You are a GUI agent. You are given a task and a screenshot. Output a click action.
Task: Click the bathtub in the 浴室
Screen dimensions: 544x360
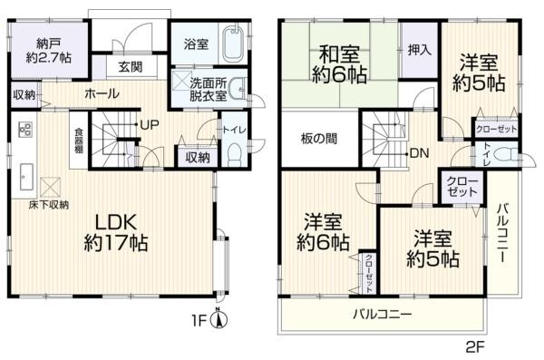coord(234,44)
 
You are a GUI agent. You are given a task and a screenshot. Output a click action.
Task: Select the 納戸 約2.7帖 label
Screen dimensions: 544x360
coord(49,51)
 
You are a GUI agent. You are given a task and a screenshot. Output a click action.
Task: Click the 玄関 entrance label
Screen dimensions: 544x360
coord(131,67)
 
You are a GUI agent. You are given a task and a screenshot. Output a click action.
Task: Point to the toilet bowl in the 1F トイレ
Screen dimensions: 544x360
coord(235,155)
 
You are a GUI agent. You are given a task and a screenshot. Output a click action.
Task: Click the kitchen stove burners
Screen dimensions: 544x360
coord(25,130)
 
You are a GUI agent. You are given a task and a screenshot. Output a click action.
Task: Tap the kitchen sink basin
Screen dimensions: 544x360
coord(26,177)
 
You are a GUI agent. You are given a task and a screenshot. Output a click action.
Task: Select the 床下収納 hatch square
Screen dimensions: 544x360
coord(50,187)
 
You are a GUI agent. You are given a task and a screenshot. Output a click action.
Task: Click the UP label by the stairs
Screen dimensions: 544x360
coord(150,125)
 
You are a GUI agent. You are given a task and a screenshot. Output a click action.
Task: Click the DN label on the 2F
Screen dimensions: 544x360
coord(419,153)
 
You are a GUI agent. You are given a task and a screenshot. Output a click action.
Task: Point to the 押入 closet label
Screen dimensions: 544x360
coord(419,51)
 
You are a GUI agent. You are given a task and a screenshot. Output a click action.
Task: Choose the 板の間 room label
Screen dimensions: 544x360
coord(318,139)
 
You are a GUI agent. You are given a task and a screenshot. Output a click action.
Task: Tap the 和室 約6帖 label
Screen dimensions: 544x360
coord(339,64)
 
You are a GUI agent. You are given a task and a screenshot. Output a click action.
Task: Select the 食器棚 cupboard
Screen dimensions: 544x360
coord(79,141)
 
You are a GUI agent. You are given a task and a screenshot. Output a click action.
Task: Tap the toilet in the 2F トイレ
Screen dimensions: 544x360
coord(504,154)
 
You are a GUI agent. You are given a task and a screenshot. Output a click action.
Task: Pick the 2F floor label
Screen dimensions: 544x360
coord(475,347)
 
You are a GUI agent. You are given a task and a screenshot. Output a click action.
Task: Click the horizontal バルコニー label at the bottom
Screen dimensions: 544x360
coord(383,315)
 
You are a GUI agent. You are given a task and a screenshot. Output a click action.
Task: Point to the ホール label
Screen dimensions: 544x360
coord(102,93)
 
